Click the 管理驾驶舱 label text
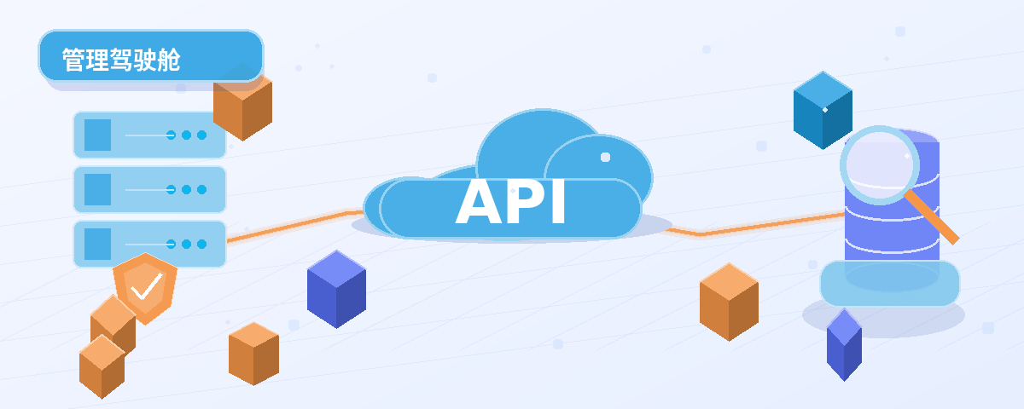[121, 60]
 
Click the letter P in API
[527, 202]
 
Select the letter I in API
[559, 202]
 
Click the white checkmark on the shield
[147, 286]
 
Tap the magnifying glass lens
[880, 164]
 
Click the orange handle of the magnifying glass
[932, 218]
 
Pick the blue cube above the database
[823, 110]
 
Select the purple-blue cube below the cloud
[336, 289]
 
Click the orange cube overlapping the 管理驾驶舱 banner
[242, 106]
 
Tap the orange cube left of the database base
[729, 302]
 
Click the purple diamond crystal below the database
[844, 344]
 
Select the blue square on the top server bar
[98, 135]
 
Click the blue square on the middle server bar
[98, 189]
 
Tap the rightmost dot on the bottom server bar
[201, 245]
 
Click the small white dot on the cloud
[605, 157]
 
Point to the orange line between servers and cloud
[295, 225]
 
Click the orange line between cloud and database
[755, 225]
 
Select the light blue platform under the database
[889, 283]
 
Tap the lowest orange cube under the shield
[102, 366]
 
